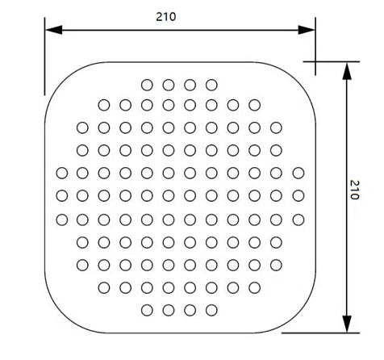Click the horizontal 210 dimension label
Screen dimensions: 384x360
tap(166, 17)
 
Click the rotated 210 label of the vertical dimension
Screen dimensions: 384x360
tap(354, 190)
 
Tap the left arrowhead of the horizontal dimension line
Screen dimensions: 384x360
tap(54, 30)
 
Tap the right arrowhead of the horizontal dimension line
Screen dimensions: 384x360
tap(307, 30)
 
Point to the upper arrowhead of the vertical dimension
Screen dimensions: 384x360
tap(347, 71)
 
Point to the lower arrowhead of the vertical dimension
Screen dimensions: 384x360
tap(347, 324)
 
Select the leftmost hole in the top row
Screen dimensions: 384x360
tap(147, 85)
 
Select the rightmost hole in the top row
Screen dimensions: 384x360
tap(211, 85)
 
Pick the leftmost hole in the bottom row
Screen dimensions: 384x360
tap(147, 310)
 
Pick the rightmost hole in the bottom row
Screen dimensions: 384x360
tap(211, 310)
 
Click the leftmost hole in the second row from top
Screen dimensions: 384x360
tap(104, 105)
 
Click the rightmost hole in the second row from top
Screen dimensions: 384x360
tap(255, 105)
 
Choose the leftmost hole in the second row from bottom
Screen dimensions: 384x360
tap(104, 288)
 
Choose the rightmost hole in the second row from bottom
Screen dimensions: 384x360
tap(255, 288)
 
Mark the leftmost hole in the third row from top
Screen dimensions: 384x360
tap(82, 128)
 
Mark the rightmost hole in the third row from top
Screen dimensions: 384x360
tap(276, 128)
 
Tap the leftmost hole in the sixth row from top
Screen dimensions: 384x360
tap(62, 195)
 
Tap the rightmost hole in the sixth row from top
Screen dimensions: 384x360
tap(298, 195)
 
